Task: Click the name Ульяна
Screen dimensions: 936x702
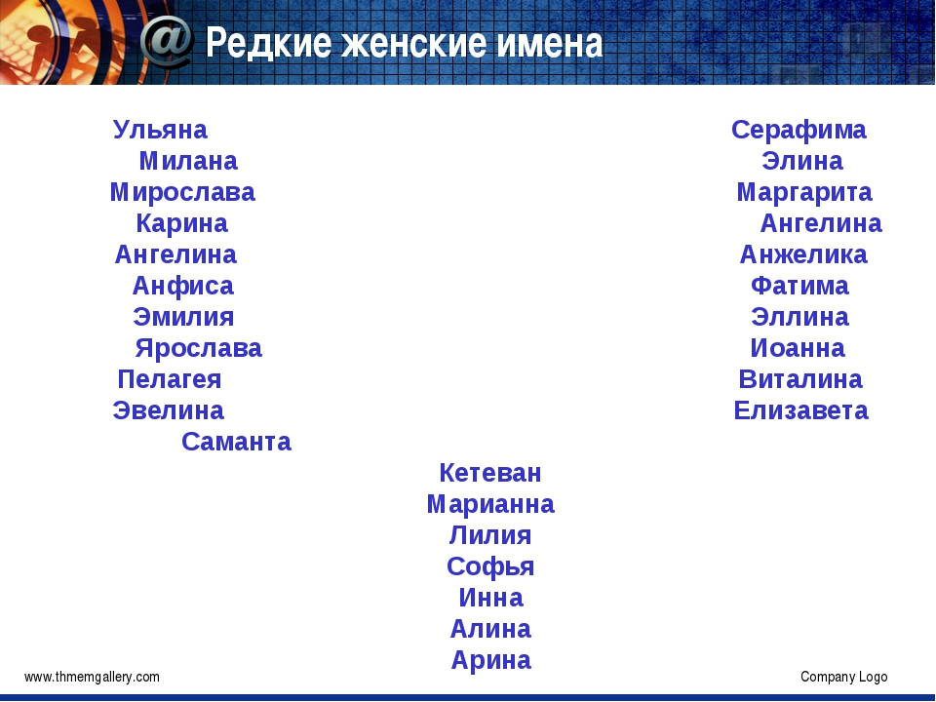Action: (x=160, y=130)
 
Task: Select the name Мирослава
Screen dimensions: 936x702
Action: (x=182, y=193)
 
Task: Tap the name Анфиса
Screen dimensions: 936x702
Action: (x=182, y=286)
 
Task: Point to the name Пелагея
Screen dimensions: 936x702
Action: (x=170, y=379)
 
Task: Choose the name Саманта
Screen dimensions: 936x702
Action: (x=236, y=442)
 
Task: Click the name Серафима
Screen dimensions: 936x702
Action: (x=799, y=130)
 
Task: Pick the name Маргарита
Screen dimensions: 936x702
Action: (x=804, y=193)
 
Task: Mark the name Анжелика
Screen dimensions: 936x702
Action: (x=803, y=254)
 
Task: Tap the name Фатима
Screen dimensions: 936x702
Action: (x=799, y=286)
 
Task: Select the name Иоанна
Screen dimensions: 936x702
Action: (x=798, y=348)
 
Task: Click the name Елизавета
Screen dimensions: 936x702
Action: (x=801, y=410)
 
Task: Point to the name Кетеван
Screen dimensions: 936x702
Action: (x=490, y=473)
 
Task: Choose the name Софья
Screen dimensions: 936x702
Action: (x=490, y=566)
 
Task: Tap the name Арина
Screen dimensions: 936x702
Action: (x=490, y=660)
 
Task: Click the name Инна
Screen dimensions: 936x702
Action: (x=490, y=598)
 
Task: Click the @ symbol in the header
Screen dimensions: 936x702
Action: (x=167, y=41)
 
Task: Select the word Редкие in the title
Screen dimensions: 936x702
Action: (x=269, y=42)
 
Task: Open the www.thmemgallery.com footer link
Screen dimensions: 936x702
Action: (x=92, y=677)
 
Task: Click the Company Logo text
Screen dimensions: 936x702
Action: (x=844, y=677)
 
